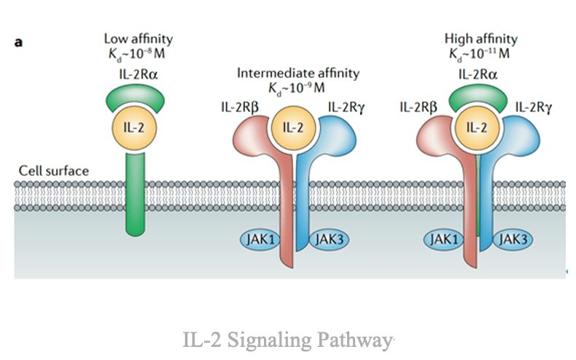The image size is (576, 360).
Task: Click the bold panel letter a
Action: coord(19,42)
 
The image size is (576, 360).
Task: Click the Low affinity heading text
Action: coord(139,39)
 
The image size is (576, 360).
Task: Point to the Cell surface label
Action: coord(54,171)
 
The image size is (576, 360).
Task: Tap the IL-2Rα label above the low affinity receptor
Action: coord(139,74)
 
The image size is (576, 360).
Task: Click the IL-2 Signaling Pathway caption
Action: coord(289,340)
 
